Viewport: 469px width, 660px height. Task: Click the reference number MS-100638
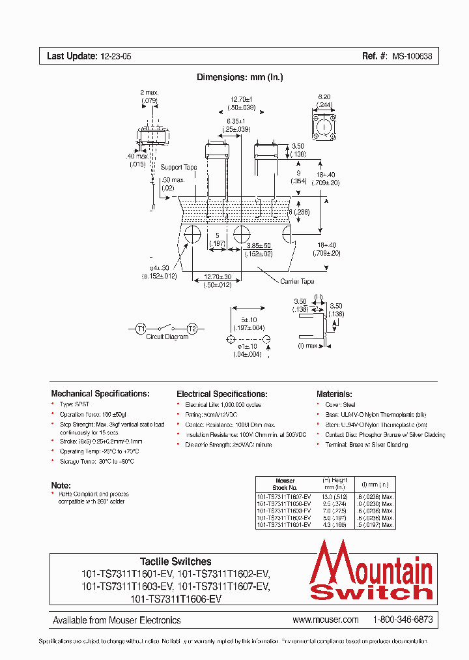tap(411, 57)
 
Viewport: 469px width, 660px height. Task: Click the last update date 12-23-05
tap(115, 57)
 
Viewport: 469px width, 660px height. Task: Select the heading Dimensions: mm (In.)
tap(240, 78)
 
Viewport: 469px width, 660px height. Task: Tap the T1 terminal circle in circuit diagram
tap(141, 329)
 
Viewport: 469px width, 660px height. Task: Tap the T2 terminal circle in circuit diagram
tap(192, 329)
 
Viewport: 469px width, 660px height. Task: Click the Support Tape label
tap(178, 168)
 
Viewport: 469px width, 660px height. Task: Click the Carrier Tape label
tap(297, 281)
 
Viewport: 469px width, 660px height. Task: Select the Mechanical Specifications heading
tap(100, 394)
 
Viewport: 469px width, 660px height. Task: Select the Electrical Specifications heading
tap(222, 395)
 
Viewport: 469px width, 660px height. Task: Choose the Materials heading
tap(334, 395)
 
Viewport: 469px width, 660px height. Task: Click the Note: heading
tap(61, 485)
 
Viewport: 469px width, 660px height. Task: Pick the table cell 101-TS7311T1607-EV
tap(284, 496)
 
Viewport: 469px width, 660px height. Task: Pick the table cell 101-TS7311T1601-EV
tap(284, 524)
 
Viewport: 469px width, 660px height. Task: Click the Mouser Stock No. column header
tap(285, 484)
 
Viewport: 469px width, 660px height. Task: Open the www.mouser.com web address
tap(326, 620)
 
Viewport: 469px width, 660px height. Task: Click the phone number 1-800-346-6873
tap(403, 620)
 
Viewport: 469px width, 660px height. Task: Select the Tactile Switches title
tap(176, 562)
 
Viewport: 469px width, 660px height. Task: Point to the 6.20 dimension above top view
tap(324, 96)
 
